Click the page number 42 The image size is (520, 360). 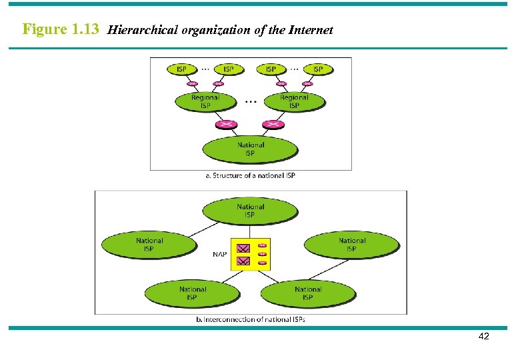pos(483,337)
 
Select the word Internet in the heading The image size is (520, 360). pos(311,30)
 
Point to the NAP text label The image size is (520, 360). pos(220,254)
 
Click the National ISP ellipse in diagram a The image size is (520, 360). pos(250,149)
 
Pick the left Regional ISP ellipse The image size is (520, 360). pos(205,101)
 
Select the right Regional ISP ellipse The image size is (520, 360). pos(294,101)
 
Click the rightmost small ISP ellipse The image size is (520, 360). pos(317,69)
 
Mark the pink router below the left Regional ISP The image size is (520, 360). pos(227,125)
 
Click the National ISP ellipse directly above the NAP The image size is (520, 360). pos(250,211)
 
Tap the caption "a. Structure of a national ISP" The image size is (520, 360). pos(250,175)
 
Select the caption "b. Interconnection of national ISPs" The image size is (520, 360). pos(251,319)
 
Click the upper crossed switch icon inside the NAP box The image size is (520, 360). pos(243,247)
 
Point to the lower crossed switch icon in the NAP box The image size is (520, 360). pos(243,261)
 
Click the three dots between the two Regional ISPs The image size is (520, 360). pos(251,102)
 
